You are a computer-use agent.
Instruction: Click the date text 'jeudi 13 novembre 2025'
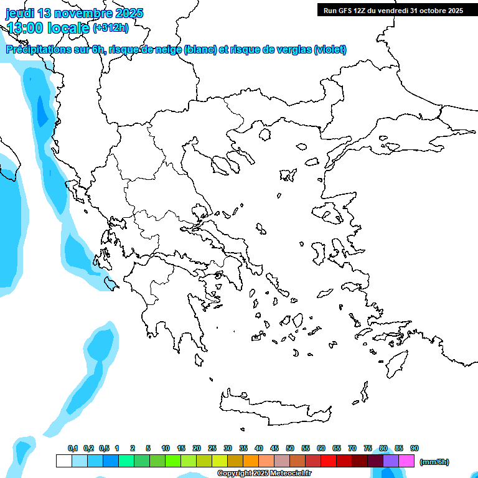tap(74, 13)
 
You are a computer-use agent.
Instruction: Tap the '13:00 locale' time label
tap(49, 27)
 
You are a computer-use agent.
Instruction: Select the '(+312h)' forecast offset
tap(110, 27)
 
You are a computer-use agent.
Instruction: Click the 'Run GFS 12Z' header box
tap(393, 10)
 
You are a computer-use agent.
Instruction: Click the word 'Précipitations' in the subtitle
tap(37, 50)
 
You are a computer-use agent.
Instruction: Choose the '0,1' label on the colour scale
tap(72, 448)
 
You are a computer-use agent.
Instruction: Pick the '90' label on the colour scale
tap(415, 448)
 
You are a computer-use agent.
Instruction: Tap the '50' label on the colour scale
tap(290, 448)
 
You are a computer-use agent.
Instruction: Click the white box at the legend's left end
tap(63, 461)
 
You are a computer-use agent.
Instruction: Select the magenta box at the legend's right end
tap(406, 461)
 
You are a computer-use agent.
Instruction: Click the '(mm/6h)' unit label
tap(434, 462)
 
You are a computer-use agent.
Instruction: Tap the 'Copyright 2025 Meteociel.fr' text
tap(264, 474)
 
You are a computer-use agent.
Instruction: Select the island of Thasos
tap(265, 135)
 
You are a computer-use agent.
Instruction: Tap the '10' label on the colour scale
tap(166, 448)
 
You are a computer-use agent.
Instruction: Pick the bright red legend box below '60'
tap(329, 461)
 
